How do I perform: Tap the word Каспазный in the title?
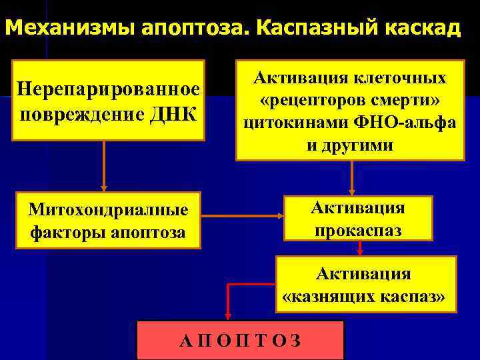(x=313, y=29)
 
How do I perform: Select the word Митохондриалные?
(x=108, y=211)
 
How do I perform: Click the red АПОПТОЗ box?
(x=240, y=340)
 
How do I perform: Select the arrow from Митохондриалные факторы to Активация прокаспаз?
(x=241, y=216)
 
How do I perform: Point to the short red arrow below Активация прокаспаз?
(x=361, y=248)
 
